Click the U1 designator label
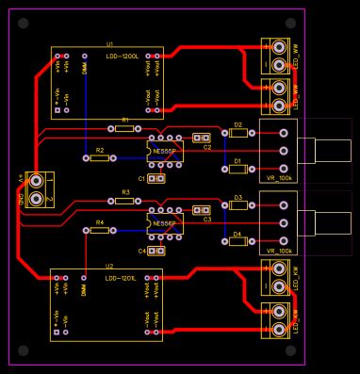click(109, 43)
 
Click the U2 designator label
click(109, 267)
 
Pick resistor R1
click(124, 129)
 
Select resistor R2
click(100, 158)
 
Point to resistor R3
click(124, 201)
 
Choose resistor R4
click(100, 231)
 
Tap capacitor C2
click(201, 138)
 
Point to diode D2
click(238, 134)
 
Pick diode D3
click(238, 207)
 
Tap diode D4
click(238, 242)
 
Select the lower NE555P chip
click(164, 223)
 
